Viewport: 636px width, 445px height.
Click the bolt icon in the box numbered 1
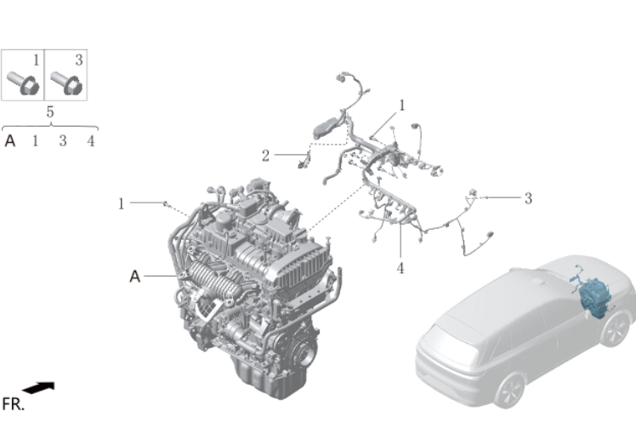[23, 83]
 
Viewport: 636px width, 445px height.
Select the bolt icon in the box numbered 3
[66, 83]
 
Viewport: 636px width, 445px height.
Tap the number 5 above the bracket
[50, 111]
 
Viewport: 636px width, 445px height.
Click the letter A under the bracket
[10, 141]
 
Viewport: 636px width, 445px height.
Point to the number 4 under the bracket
[91, 141]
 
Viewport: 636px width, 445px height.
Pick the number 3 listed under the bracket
[62, 141]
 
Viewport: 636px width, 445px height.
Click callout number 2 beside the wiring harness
[265, 156]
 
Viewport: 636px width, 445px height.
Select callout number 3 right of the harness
[528, 198]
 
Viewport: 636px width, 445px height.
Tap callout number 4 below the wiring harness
[400, 268]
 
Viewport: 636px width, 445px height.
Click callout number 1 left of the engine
[121, 204]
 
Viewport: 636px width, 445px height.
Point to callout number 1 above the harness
[402, 106]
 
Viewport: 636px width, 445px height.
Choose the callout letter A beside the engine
[134, 277]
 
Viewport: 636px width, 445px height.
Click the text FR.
[13, 404]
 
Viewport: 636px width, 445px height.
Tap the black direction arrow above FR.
[38, 387]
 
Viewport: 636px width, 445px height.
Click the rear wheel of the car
[509, 391]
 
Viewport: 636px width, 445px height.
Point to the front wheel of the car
[616, 329]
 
